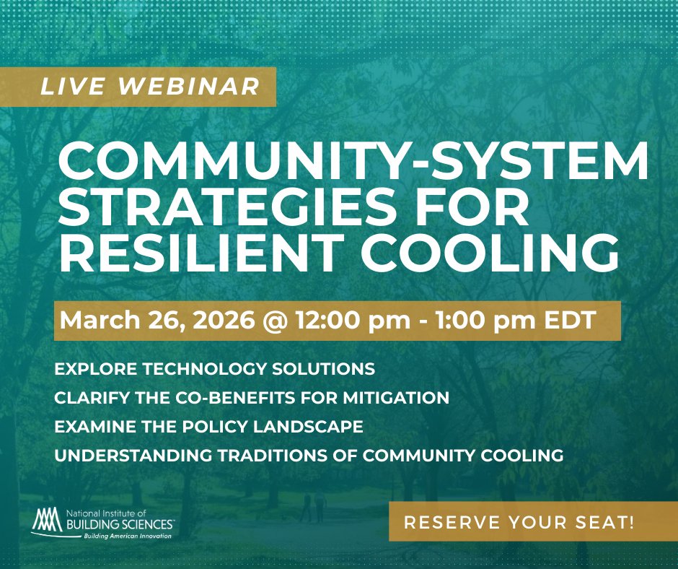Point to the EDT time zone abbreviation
(569, 320)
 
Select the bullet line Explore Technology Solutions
(215, 369)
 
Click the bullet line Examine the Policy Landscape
(208, 427)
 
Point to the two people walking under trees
(311, 508)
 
